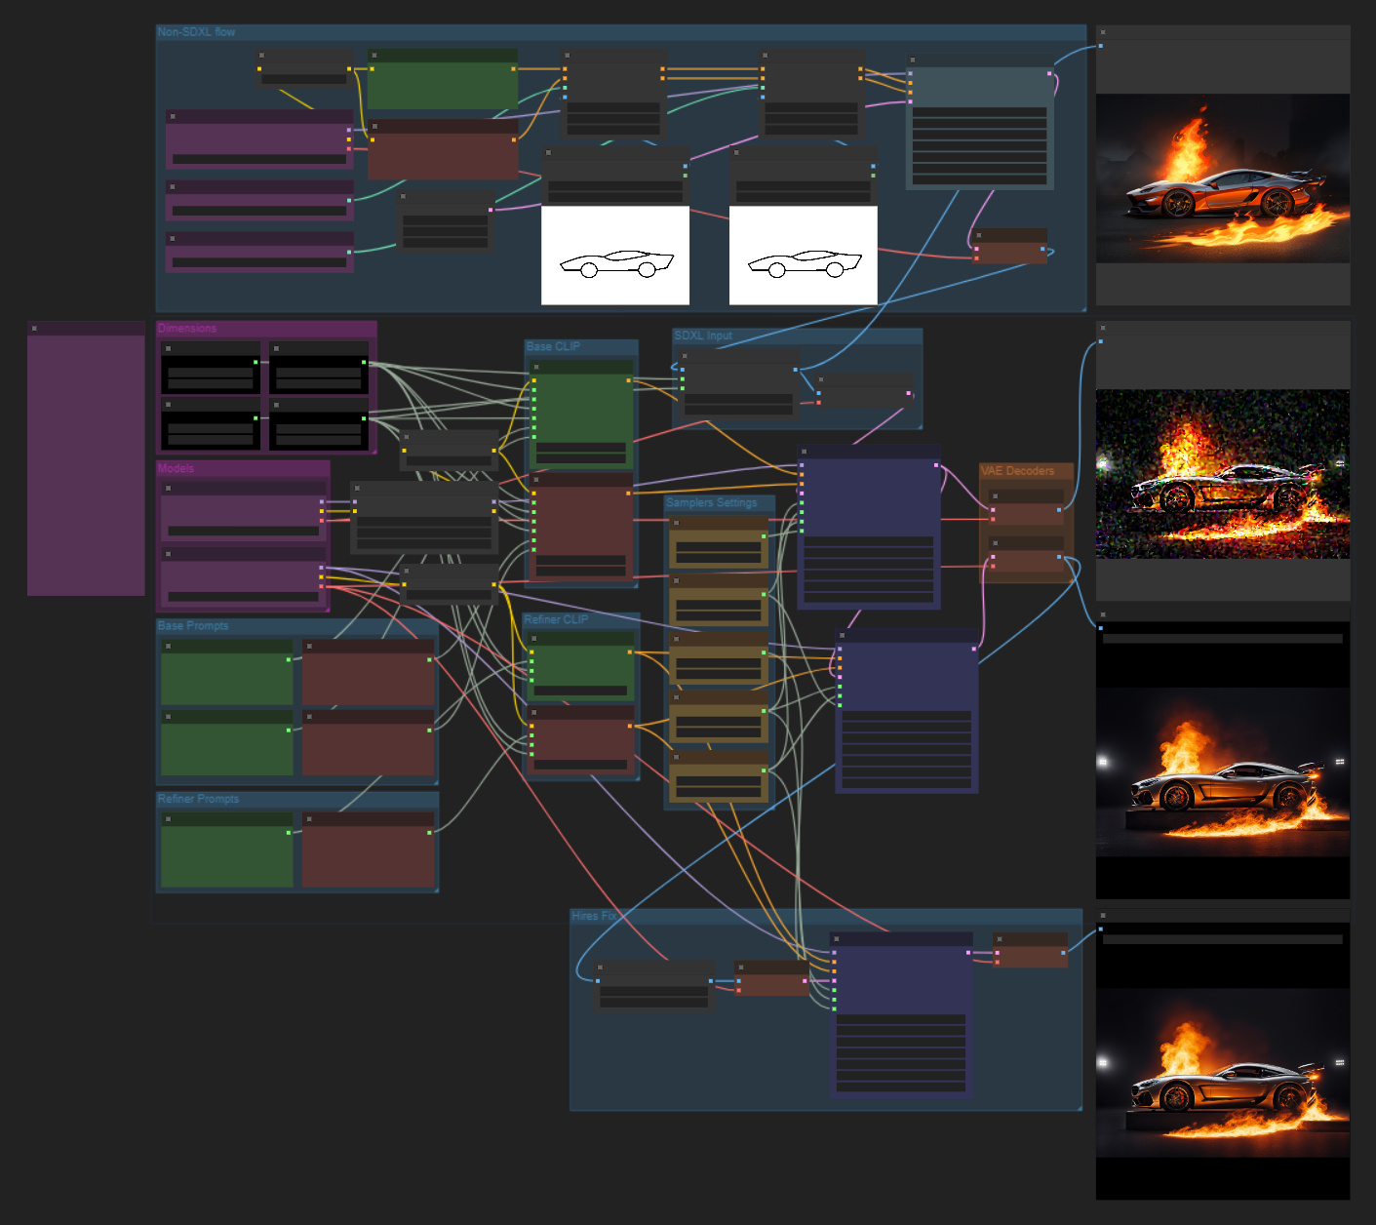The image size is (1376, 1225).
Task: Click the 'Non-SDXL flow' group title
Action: [196, 32]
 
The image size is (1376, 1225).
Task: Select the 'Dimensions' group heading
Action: [187, 329]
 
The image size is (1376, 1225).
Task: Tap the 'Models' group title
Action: [176, 468]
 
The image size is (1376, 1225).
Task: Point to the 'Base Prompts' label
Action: [193, 626]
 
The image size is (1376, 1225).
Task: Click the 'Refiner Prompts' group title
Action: [198, 799]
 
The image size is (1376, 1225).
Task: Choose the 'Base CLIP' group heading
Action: [553, 346]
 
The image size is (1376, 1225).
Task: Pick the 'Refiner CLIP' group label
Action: [556, 619]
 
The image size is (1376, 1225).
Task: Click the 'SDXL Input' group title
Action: [702, 336]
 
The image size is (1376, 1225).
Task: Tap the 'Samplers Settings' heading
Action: [711, 503]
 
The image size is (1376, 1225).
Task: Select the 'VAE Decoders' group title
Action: [1017, 471]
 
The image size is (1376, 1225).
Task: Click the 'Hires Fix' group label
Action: [593, 916]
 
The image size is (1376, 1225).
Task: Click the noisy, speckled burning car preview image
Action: [1223, 475]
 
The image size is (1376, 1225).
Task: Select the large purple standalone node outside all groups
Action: [86, 463]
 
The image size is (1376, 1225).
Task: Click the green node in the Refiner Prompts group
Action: [226, 853]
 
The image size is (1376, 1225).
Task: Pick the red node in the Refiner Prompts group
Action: [368, 853]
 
